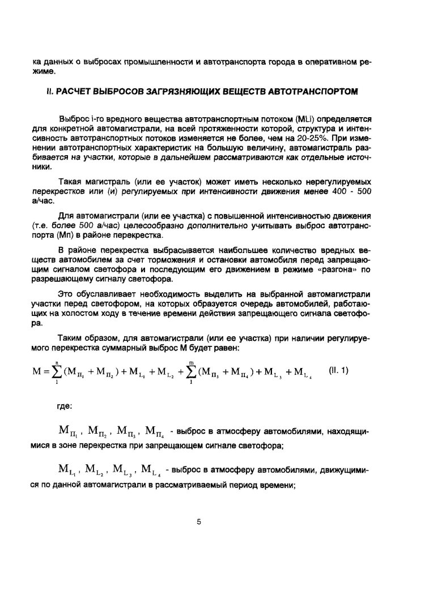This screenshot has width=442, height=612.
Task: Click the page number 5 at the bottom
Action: pos(199,521)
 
